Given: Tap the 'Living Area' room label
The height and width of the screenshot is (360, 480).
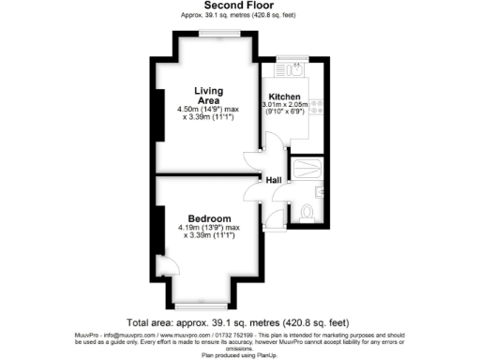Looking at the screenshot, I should [x=208, y=96].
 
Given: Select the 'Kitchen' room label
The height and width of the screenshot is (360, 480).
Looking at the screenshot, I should [x=284, y=97].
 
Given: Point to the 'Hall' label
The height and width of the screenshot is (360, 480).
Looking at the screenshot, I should [x=274, y=179].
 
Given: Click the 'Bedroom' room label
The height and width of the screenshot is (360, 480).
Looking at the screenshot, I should [x=208, y=218].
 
